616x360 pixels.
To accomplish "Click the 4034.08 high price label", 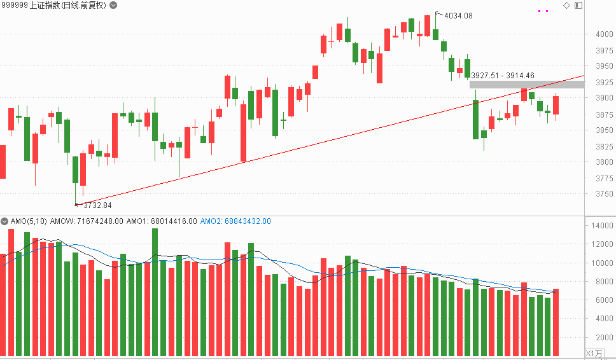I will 458,16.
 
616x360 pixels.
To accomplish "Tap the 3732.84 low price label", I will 97,205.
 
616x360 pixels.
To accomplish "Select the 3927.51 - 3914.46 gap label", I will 503,76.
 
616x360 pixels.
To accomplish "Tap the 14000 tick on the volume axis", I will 602,226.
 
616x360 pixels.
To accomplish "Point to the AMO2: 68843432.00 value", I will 235,221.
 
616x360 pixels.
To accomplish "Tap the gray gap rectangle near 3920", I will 526,85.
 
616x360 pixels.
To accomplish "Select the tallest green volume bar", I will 155,293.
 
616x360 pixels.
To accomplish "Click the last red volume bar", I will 556,322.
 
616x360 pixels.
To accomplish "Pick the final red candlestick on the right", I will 556,105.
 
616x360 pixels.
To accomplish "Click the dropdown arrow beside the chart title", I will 113,5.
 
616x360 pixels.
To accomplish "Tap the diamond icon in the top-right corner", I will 566,5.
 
